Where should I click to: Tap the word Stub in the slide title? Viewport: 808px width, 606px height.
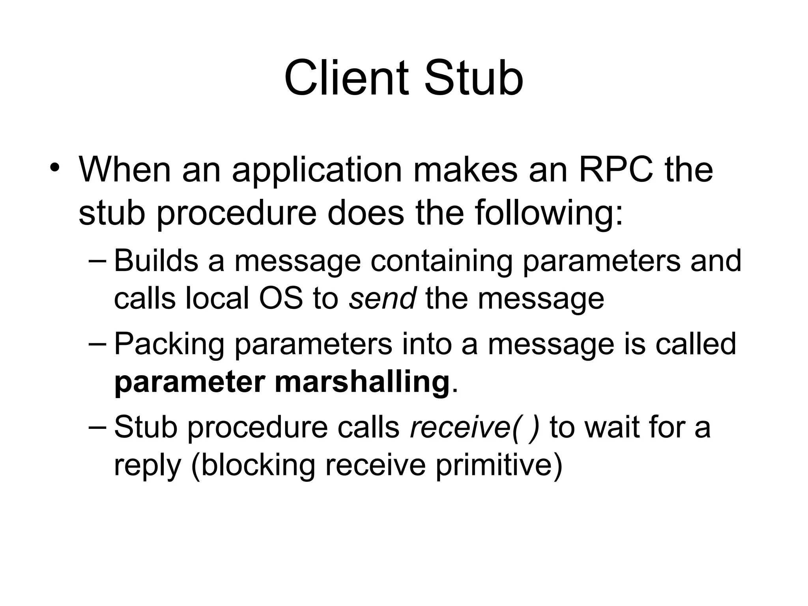[473, 78]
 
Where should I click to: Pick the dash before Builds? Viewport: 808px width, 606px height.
[97, 261]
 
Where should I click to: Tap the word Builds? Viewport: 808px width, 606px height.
[156, 261]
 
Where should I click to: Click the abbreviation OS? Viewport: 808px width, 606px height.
[281, 298]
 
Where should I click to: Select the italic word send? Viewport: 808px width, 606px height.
[382, 298]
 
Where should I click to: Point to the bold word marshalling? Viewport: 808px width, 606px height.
[362, 382]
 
